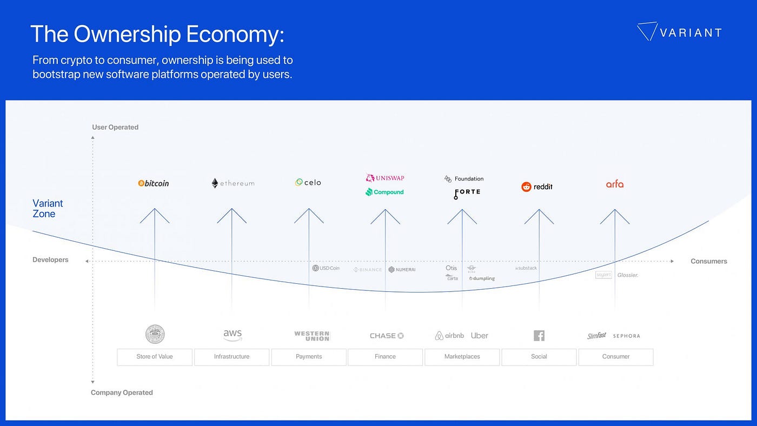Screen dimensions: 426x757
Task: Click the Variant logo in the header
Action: pyautogui.click(x=679, y=32)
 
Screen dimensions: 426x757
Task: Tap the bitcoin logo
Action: pyautogui.click(x=154, y=183)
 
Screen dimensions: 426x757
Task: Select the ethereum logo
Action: pyautogui.click(x=233, y=183)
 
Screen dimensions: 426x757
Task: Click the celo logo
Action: pyautogui.click(x=308, y=183)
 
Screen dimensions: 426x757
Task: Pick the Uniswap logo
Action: pyautogui.click(x=385, y=178)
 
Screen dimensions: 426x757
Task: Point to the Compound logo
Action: pyautogui.click(x=385, y=192)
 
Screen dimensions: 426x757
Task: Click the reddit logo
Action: pyautogui.click(x=537, y=187)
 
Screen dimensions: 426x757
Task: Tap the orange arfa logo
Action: pyautogui.click(x=615, y=184)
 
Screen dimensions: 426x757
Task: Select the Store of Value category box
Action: pyautogui.click(x=155, y=357)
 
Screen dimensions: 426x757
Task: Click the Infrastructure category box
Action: pyautogui.click(x=231, y=357)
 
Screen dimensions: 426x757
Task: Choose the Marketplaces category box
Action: pyautogui.click(x=462, y=357)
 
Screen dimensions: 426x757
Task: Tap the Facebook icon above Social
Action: pyautogui.click(x=539, y=336)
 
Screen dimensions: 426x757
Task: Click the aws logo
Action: pyautogui.click(x=233, y=335)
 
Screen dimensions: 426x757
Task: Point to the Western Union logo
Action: pyautogui.click(x=311, y=336)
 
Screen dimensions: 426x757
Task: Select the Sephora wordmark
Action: pyautogui.click(x=626, y=336)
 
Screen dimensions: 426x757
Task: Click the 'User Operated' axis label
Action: pyautogui.click(x=115, y=127)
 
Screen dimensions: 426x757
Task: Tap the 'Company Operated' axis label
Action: pyautogui.click(x=122, y=392)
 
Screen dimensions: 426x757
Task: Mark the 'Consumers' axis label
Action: pyautogui.click(x=709, y=261)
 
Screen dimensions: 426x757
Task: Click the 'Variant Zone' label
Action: pyautogui.click(x=48, y=208)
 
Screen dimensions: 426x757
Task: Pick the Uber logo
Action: pyautogui.click(x=480, y=336)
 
